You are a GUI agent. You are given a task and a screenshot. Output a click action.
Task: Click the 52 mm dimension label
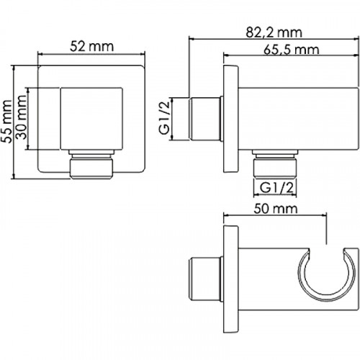[91, 46]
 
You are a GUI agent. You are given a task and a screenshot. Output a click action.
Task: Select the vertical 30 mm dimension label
[21, 117]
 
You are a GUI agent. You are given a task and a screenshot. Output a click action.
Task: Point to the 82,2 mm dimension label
[274, 32]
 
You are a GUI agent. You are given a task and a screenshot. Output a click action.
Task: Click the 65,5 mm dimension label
[292, 50]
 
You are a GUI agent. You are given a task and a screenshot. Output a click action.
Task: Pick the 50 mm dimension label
[276, 209]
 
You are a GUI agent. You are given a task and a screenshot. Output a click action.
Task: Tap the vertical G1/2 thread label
[164, 118]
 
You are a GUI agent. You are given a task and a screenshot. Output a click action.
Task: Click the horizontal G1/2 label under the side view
[276, 188]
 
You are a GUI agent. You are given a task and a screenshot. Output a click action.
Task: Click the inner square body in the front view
[91, 119]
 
